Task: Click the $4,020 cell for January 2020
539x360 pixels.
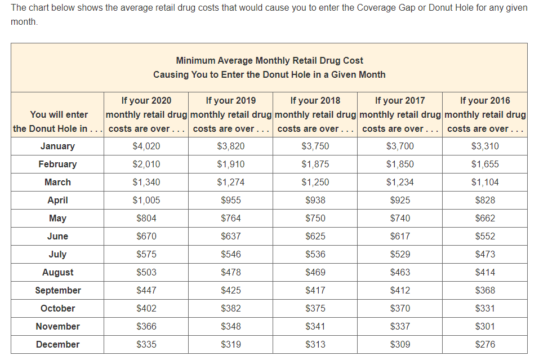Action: [x=146, y=146]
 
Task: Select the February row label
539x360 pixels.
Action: [x=57, y=164]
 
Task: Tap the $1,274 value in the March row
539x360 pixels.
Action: [x=231, y=182]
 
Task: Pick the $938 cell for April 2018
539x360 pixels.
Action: [x=315, y=200]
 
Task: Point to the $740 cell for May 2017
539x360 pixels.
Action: [x=400, y=219]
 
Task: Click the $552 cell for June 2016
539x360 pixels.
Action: [x=485, y=236]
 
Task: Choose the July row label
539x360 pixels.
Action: [x=57, y=255]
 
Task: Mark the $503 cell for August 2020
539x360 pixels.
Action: [x=146, y=272]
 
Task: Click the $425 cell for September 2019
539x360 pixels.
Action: [x=231, y=290]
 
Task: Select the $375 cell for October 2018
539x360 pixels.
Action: [x=315, y=308]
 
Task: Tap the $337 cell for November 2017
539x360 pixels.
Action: [x=400, y=326]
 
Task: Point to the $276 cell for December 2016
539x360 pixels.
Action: [x=485, y=344]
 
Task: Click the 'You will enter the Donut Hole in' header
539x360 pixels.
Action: [x=57, y=121]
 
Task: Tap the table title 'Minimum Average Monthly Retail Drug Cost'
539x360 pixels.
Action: [x=269, y=60]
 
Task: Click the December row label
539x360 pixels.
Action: [x=57, y=344]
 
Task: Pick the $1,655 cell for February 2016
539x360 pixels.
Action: [x=485, y=164]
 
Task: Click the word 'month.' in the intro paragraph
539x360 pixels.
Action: [x=24, y=21]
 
